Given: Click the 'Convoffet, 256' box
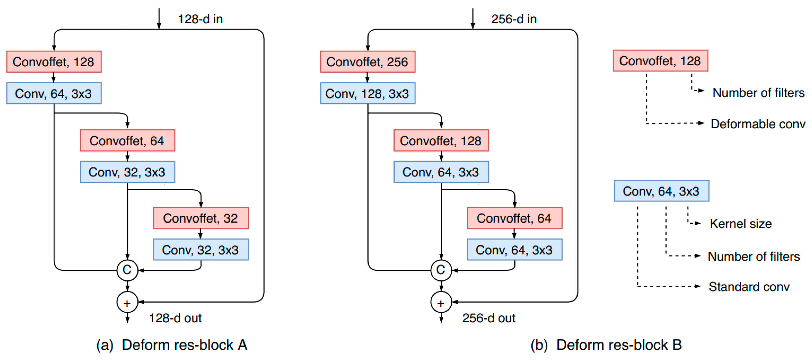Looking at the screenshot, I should coord(368,62).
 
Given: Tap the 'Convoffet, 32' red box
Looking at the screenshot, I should coord(201,218).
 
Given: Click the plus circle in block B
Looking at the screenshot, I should coord(441,302).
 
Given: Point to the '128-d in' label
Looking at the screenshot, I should coord(201,19).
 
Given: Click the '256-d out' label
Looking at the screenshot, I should coord(489,318).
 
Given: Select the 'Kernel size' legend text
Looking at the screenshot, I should coord(741,224).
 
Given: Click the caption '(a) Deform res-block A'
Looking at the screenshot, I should coord(172,345).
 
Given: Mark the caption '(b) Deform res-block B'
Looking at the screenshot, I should coord(606,345).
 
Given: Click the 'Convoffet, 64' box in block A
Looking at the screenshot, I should coord(127,141).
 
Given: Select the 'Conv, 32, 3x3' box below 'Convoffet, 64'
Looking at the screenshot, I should coord(127,172).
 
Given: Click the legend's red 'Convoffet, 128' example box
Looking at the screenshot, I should coord(660,61).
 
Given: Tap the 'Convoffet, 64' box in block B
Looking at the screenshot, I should coord(514,218).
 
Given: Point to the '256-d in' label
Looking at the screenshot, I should coord(514,19).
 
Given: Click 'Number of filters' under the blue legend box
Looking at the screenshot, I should coord(754,257).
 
